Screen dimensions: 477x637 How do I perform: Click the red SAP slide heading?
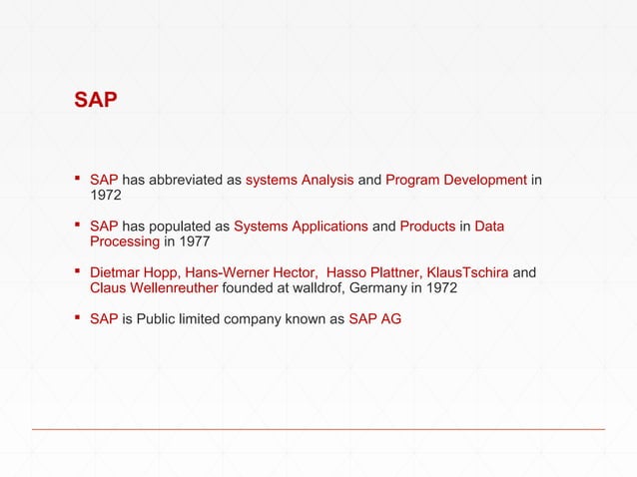[x=96, y=101]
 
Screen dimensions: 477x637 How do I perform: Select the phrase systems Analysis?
[x=300, y=181]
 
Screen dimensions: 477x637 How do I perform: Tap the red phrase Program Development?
[x=455, y=181]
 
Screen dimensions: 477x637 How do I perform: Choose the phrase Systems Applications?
[x=301, y=227]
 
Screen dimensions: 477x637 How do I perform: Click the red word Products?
[x=427, y=227]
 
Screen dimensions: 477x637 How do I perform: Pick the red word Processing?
[x=125, y=241]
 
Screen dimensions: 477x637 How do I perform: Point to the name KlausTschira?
[x=466, y=272]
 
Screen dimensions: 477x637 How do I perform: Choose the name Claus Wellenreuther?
[x=154, y=288]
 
